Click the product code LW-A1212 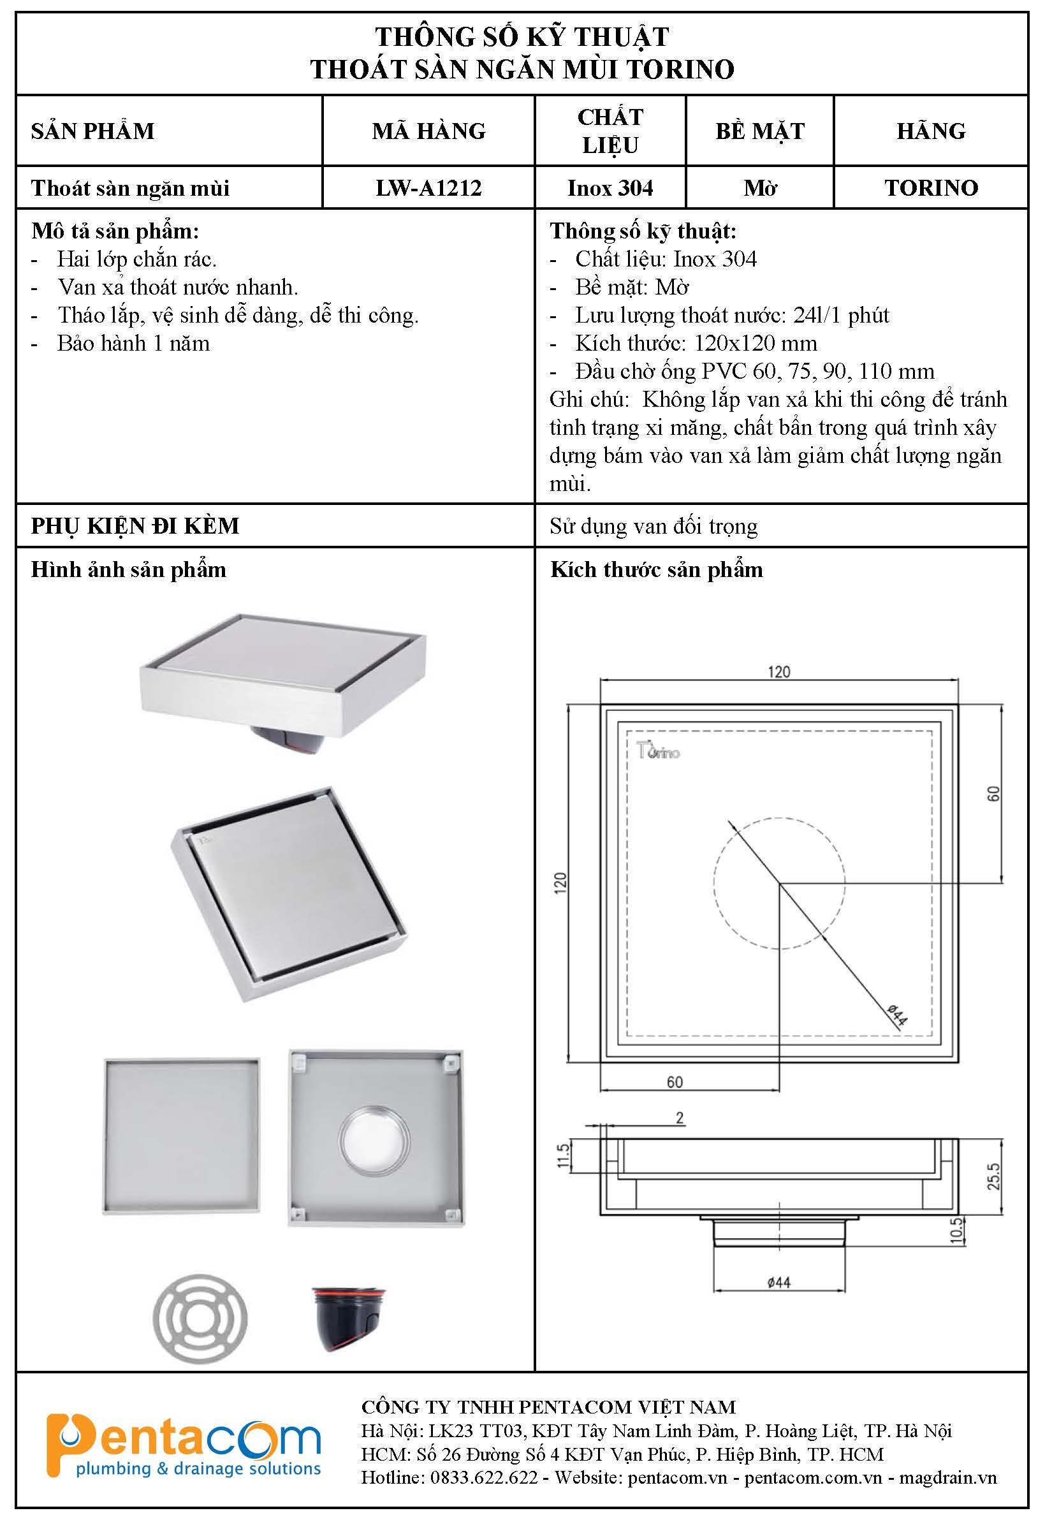click(428, 189)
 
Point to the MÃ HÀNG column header click(428, 131)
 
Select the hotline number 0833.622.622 click(484, 1477)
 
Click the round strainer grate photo click(200, 1319)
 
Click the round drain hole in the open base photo click(374, 1141)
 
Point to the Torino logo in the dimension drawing click(658, 751)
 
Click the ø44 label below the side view click(778, 1282)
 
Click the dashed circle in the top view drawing click(714, 883)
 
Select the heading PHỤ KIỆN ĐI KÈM click(135, 526)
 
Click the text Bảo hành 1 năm click(133, 344)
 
